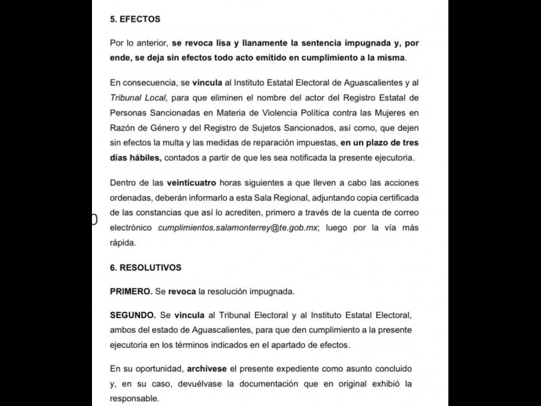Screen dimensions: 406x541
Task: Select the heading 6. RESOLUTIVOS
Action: click(146, 267)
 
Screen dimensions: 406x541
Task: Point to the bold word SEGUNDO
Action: click(133, 316)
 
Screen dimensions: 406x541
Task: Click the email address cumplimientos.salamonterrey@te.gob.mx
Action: click(238, 229)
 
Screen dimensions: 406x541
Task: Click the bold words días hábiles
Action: click(135, 158)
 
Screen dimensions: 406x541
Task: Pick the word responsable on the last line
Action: click(135, 399)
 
